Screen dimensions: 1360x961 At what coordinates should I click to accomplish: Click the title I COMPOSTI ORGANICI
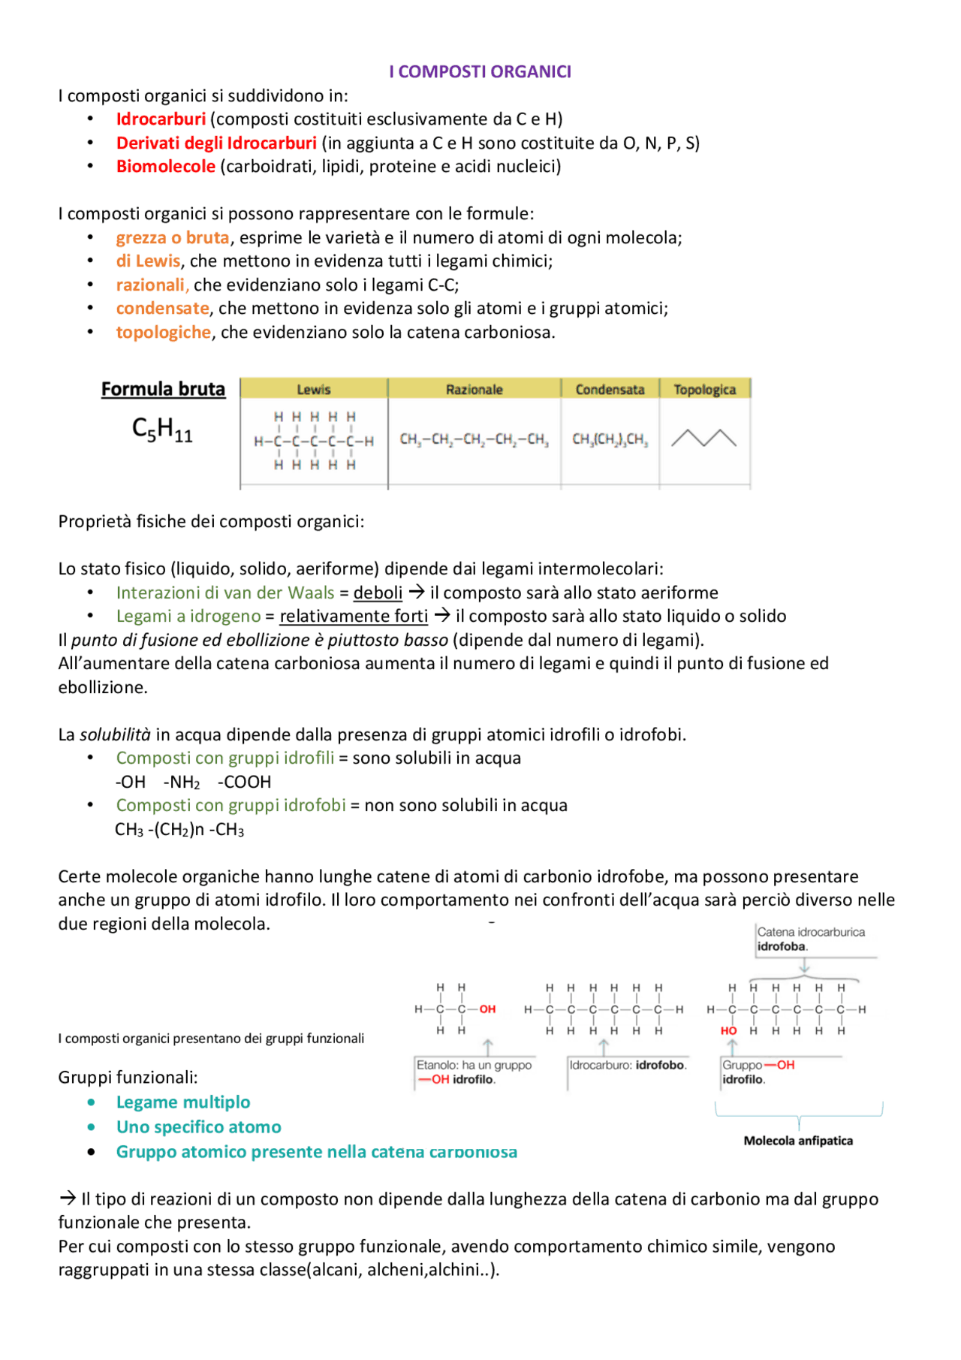click(x=480, y=71)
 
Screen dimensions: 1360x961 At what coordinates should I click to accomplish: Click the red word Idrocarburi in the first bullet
click(x=161, y=119)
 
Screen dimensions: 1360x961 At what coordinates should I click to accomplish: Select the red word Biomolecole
click(x=165, y=166)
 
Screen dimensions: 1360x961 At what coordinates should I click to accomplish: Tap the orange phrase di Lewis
click(x=148, y=261)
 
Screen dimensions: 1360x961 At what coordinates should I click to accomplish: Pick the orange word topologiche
click(x=163, y=332)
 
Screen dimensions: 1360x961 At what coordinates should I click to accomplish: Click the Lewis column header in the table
click(x=313, y=389)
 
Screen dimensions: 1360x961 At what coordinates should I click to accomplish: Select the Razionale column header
click(x=474, y=389)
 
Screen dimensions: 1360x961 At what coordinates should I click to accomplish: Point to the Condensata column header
click(x=610, y=389)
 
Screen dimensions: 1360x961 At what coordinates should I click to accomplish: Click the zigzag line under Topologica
click(x=703, y=438)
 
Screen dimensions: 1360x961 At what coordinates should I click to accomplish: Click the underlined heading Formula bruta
click(x=163, y=389)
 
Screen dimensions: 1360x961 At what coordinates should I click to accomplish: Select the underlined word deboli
click(x=378, y=593)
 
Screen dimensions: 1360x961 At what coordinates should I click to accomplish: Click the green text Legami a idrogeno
click(x=188, y=616)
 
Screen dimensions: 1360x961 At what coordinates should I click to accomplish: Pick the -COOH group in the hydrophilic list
click(x=244, y=782)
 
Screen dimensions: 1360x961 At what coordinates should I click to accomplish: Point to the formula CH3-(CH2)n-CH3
click(x=179, y=829)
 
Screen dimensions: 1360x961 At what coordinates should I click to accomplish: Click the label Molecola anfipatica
click(x=798, y=1141)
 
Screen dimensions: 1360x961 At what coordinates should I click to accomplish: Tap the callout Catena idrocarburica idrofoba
click(x=810, y=939)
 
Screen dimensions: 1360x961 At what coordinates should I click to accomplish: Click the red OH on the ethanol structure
click(x=487, y=1009)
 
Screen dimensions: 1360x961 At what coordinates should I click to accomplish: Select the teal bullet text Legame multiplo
click(x=183, y=1102)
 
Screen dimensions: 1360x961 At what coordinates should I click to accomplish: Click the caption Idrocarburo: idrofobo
click(x=628, y=1065)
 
